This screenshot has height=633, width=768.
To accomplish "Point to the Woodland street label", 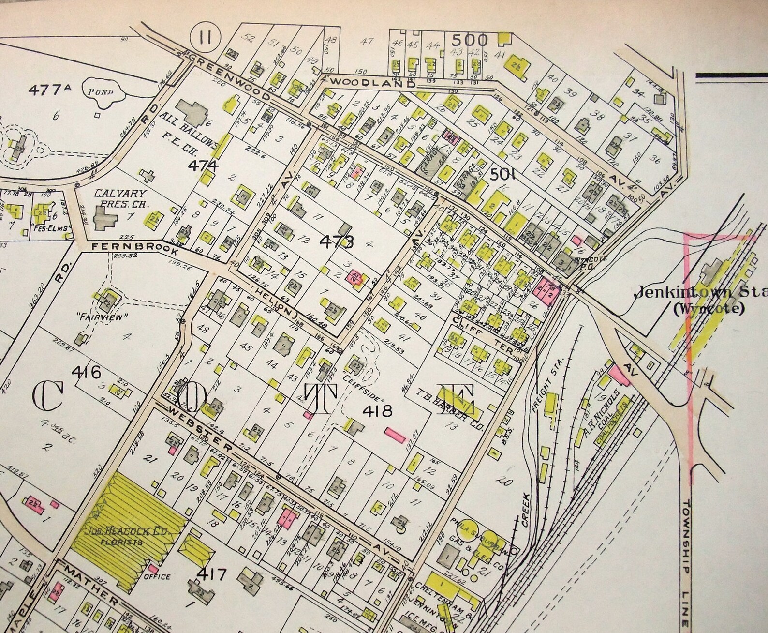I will pyautogui.click(x=373, y=83).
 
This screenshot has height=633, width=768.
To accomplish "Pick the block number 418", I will pyautogui.click(x=379, y=411).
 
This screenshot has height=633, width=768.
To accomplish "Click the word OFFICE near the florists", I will pyautogui.click(x=157, y=577).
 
